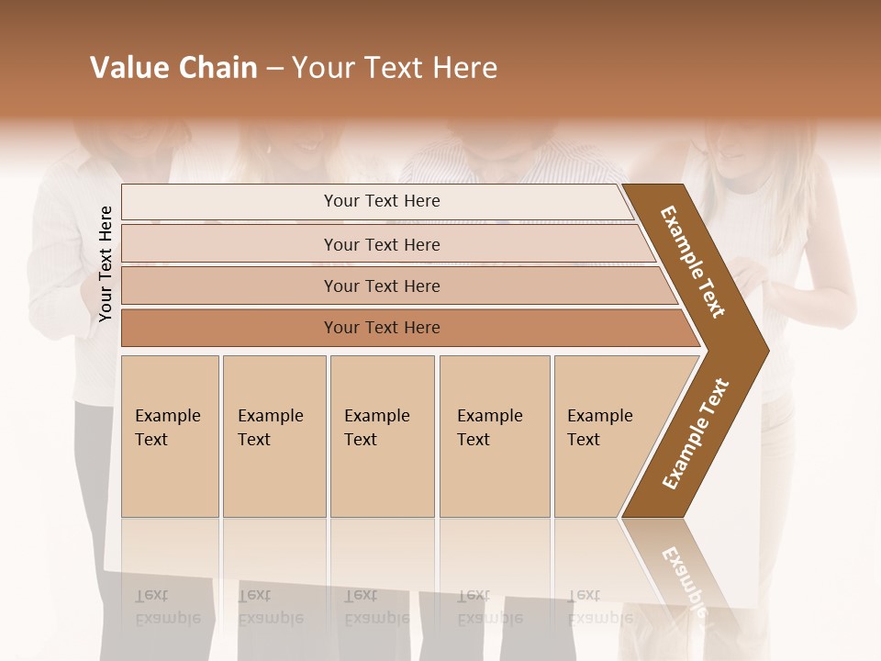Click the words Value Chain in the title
[x=173, y=68]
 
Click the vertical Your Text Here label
[x=106, y=263]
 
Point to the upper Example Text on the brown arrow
[x=693, y=262]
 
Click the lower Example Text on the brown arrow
[x=696, y=434]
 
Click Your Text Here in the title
[x=395, y=68]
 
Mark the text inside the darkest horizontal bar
[x=382, y=328]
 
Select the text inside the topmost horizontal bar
[x=382, y=201]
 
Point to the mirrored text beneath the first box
[x=167, y=607]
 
